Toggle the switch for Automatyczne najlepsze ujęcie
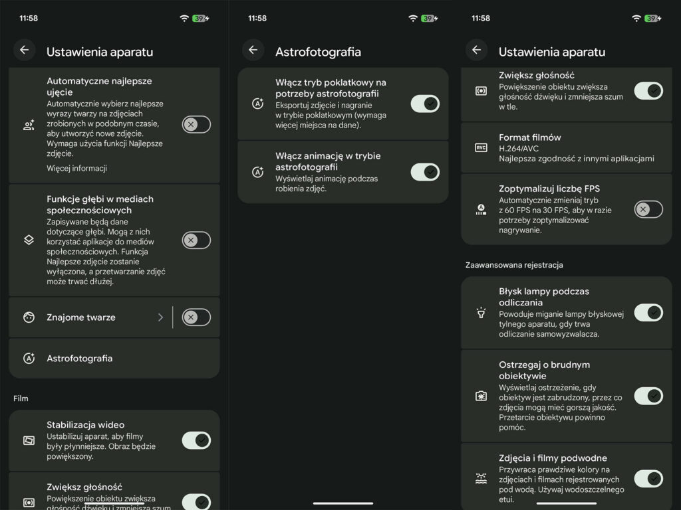point(196,124)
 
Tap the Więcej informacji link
point(77,168)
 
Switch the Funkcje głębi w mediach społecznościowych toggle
point(196,240)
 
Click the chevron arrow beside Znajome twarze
point(160,317)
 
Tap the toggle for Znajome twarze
point(196,317)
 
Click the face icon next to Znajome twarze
point(29,317)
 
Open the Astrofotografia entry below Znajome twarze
point(80,359)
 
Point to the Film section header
point(21,398)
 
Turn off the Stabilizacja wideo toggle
point(196,441)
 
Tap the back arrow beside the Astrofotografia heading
point(253,50)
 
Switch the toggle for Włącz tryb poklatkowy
point(425,104)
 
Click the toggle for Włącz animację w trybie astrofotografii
point(425,172)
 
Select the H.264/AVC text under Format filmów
point(519,148)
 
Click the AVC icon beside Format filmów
point(481,148)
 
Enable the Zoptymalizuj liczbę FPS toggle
point(648,209)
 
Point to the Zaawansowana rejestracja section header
point(514,265)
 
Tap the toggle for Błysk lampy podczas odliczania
point(648,313)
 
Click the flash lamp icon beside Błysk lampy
point(481,313)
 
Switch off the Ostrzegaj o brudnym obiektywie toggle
point(648,396)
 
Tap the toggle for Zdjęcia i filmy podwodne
point(648,479)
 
